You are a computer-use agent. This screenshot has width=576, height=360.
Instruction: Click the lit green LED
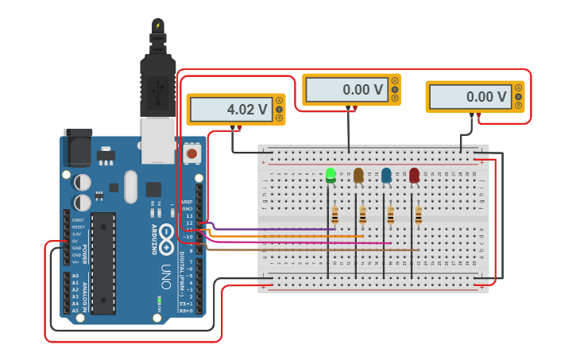pyautogui.click(x=331, y=175)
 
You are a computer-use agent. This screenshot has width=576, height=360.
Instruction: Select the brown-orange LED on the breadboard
pyautogui.click(x=358, y=175)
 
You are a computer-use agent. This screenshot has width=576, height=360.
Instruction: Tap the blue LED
pyautogui.click(x=386, y=175)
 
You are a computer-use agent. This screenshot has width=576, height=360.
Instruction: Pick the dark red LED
pyautogui.click(x=414, y=175)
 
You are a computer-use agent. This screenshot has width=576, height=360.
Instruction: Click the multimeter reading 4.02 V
pyautogui.click(x=235, y=110)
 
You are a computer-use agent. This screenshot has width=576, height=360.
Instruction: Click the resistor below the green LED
pyautogui.click(x=334, y=215)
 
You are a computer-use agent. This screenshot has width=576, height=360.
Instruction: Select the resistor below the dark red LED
pyautogui.click(x=418, y=215)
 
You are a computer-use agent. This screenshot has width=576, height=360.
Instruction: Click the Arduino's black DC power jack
pyautogui.click(x=76, y=147)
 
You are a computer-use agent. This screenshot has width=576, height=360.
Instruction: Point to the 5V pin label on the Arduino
pyautogui.click(x=76, y=241)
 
